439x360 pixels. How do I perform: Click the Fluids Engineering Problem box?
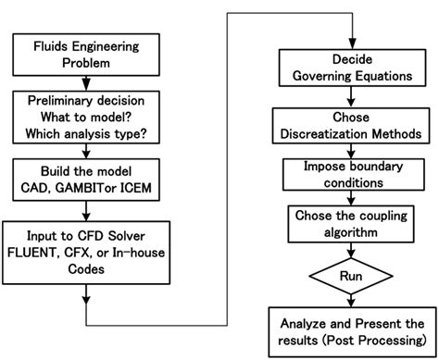coord(85,53)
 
